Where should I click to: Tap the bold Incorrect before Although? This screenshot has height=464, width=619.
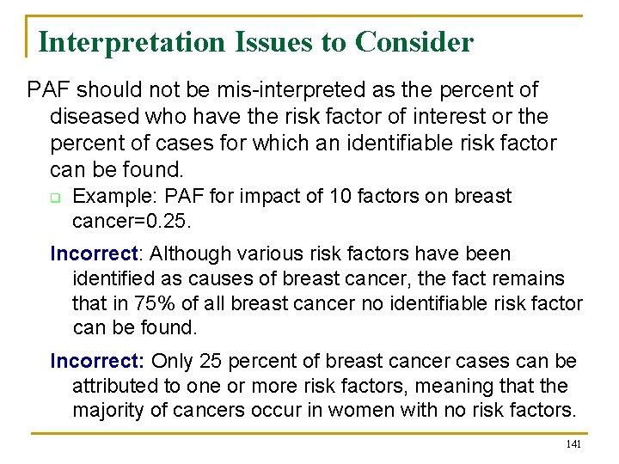[x=92, y=253]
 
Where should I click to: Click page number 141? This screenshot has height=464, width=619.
[x=573, y=443]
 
